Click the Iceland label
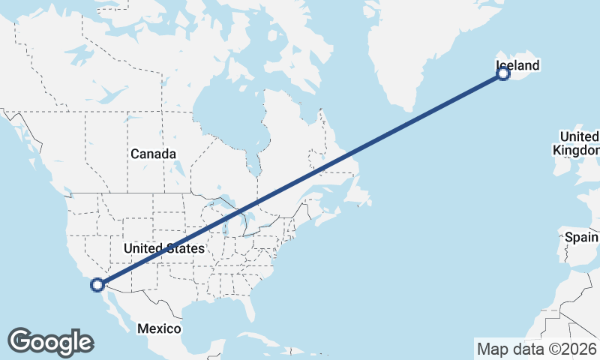pos(517,66)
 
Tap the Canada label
pos(153,154)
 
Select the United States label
pos(163,248)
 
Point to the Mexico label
pos(159,328)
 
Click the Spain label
pos(581,238)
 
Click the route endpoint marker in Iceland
pos(503,73)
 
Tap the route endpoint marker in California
pos(97,284)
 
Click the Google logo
pos(50,342)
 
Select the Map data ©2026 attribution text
pos(537,349)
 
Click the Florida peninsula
pos(255,307)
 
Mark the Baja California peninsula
pos(112,307)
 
